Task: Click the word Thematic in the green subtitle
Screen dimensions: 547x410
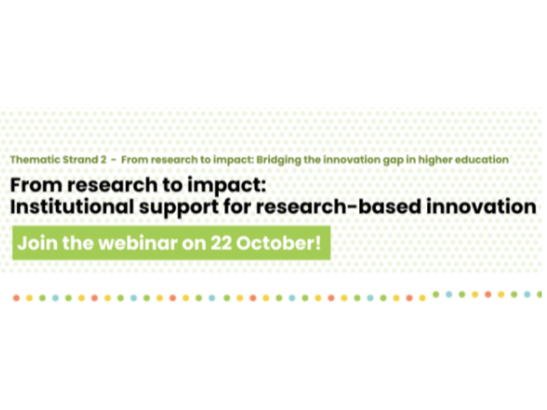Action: [35, 160]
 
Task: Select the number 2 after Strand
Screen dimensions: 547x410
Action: [103, 160]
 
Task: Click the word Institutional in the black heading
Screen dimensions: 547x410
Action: [72, 207]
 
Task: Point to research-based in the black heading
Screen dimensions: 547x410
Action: [338, 207]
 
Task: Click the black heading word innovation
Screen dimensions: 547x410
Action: [481, 207]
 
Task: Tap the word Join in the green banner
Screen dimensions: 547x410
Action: [37, 243]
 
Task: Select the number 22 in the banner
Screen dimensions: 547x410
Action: [221, 243]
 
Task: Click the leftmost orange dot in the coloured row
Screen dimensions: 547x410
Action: [16, 298]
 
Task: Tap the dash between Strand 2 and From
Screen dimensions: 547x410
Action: [114, 160]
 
